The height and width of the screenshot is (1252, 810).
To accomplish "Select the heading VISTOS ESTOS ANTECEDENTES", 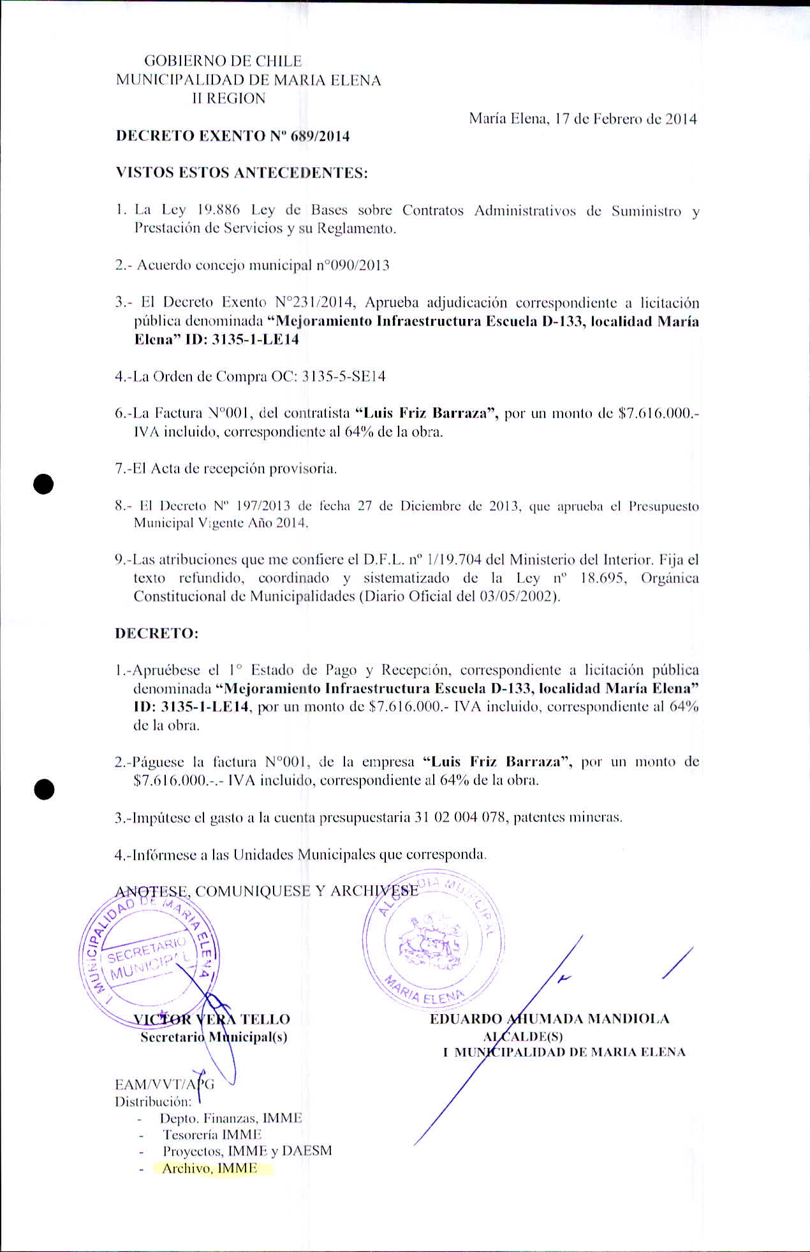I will (241, 173).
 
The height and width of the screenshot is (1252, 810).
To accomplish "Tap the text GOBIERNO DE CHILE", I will (223, 62).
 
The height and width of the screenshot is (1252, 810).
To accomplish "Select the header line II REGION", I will (228, 99).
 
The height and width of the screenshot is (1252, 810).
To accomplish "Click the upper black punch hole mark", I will (43, 484).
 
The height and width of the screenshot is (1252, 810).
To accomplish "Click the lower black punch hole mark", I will (43, 790).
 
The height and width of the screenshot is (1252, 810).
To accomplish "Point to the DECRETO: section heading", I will (157, 634).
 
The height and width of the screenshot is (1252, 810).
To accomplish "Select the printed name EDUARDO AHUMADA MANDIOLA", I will (549, 1019).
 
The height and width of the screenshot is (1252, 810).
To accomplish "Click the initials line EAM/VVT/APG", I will (165, 1085).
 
